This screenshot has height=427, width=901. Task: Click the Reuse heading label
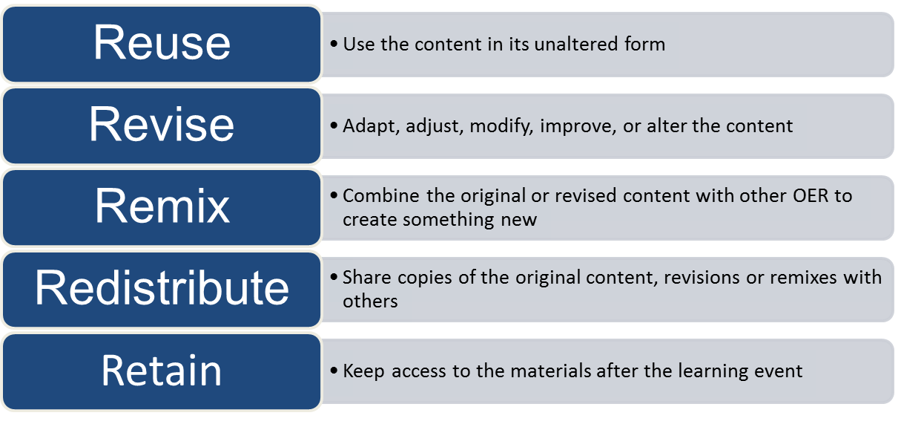[162, 43]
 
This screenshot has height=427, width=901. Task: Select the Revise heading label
[162, 125]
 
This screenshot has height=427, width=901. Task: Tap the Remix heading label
[162, 206]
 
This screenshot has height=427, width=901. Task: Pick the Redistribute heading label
[162, 288]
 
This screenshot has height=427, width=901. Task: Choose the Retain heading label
[162, 370]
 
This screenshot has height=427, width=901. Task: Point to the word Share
[364, 278]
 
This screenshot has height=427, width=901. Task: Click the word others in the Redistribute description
[370, 301]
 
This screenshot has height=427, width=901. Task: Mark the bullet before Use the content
[334, 45]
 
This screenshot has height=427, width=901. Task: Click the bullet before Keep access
[334, 371]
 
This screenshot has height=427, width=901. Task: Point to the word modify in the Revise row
[504, 126]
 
